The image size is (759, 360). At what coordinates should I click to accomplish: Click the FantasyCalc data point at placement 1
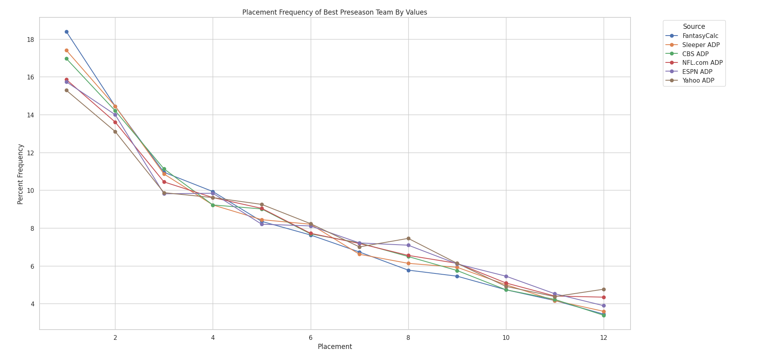tap(66, 32)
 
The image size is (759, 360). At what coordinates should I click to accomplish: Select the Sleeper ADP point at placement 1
tap(66, 51)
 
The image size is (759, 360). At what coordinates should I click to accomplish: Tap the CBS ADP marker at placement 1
tap(66, 59)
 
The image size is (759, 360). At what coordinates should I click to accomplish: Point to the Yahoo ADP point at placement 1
tap(66, 90)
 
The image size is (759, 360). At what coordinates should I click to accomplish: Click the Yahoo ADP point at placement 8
tap(408, 239)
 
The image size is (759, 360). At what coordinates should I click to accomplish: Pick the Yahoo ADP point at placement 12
tap(604, 290)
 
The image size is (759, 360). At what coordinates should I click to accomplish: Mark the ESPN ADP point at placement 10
tap(506, 277)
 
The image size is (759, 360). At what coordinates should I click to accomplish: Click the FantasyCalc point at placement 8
tap(408, 270)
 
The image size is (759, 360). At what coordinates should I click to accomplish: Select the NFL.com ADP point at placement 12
tap(604, 297)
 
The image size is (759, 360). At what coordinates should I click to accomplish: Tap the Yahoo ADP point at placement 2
tap(115, 132)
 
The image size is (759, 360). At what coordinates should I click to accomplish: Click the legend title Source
tap(694, 26)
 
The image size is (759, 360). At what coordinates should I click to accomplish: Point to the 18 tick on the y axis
tap(31, 40)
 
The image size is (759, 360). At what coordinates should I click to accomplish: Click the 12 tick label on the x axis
tap(604, 338)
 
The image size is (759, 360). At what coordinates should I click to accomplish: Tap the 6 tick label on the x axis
tap(311, 338)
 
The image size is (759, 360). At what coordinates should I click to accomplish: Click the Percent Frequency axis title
tap(21, 174)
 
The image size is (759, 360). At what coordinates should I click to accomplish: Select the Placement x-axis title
tap(335, 347)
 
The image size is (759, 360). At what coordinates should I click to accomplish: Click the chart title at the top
tap(334, 12)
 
